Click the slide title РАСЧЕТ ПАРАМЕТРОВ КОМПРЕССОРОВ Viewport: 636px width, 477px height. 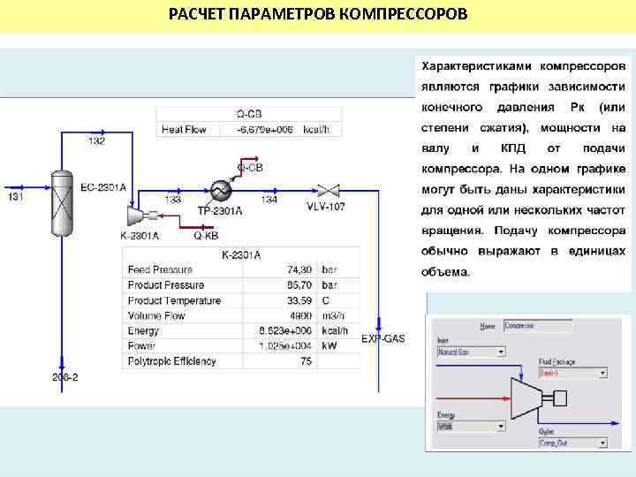[x=319, y=16]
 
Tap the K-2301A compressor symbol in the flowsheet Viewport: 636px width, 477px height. [x=135, y=216]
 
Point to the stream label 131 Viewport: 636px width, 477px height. [x=16, y=198]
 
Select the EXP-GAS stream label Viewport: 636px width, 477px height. [x=382, y=338]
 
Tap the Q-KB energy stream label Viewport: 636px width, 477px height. [x=205, y=236]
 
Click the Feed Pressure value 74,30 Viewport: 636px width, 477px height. [x=299, y=269]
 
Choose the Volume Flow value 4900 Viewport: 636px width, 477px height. [x=300, y=315]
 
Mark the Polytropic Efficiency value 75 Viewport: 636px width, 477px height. [x=306, y=361]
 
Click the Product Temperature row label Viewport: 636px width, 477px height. [x=174, y=300]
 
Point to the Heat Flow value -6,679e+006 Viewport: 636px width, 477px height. [x=264, y=129]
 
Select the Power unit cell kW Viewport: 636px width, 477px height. [x=329, y=345]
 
